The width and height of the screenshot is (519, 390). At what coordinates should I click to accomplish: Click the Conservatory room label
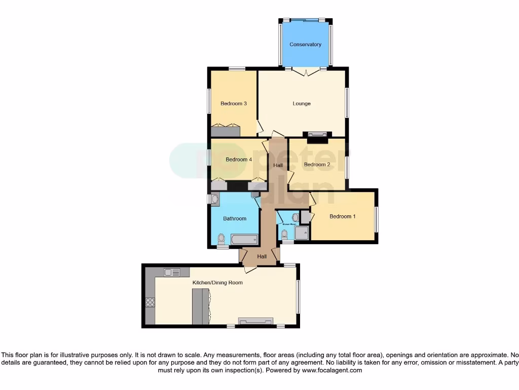305,45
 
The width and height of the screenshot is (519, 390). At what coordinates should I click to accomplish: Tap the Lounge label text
302,104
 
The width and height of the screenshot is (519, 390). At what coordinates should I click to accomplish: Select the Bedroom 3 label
234,104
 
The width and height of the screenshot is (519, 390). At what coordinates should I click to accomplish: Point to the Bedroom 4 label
239,160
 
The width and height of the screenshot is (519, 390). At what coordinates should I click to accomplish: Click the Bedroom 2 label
317,165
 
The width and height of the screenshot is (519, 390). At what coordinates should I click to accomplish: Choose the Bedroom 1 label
343,217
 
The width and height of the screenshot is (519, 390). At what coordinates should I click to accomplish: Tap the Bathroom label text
235,219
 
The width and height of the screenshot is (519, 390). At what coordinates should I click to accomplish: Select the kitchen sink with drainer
172,273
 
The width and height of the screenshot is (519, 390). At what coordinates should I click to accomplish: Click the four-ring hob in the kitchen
150,303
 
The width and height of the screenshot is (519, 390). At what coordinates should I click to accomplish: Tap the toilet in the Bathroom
220,239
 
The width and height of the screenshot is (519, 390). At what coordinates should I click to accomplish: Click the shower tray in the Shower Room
302,233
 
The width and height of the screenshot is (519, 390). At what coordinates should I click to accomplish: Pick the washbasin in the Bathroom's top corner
214,199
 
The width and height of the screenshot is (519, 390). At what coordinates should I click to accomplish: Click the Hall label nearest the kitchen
262,257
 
